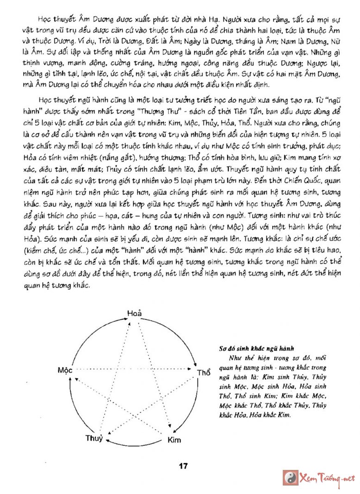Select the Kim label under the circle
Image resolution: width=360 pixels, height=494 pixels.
click(x=174, y=439)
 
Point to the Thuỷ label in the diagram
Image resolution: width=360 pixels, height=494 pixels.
click(x=94, y=438)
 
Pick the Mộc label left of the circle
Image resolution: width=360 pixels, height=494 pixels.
click(x=65, y=370)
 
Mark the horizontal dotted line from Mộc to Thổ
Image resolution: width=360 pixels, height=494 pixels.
click(x=134, y=370)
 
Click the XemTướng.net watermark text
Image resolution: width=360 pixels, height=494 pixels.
click(x=328, y=478)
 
